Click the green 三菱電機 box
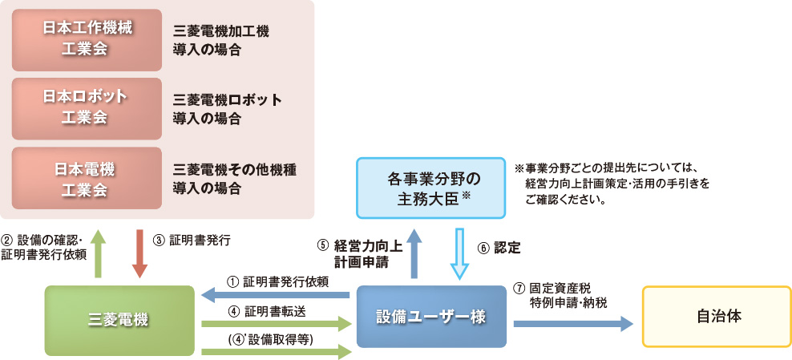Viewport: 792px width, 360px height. (119, 320)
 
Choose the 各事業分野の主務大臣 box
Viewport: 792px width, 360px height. (431, 187)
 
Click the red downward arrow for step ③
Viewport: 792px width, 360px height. (139, 253)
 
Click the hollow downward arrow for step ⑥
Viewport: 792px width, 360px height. (460, 253)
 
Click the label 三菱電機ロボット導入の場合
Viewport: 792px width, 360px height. (227, 109)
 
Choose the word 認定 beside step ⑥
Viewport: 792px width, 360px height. (507, 249)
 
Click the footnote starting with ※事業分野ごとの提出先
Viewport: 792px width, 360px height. (616, 184)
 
